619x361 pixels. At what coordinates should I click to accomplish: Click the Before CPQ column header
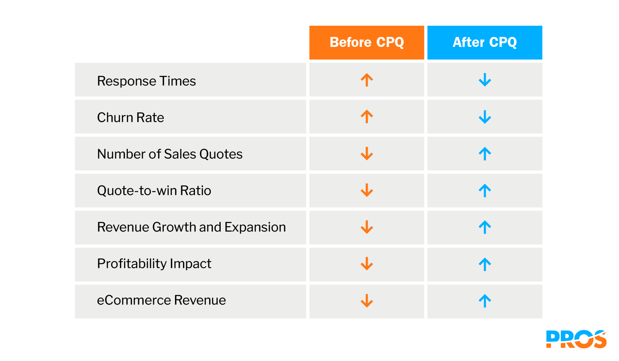(x=367, y=42)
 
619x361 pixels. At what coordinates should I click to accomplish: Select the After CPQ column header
(x=485, y=42)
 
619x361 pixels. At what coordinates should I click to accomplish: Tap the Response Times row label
(x=146, y=81)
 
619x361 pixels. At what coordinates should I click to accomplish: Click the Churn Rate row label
(x=131, y=117)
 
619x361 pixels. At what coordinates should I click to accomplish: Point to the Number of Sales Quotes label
(x=170, y=154)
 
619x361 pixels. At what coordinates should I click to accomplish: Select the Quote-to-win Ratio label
(x=154, y=190)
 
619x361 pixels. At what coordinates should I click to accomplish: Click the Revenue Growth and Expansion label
(x=191, y=227)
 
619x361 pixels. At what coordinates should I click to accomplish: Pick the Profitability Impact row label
(x=154, y=263)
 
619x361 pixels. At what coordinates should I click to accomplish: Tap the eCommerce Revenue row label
(x=161, y=300)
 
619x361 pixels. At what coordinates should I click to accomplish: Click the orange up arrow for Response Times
(x=367, y=80)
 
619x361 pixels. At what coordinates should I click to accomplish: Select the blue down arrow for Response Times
(x=485, y=80)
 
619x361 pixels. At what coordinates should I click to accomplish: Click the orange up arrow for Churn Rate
(x=367, y=117)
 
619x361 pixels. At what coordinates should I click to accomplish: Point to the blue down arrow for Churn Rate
(x=485, y=117)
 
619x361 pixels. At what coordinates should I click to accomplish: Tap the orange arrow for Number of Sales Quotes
(x=367, y=154)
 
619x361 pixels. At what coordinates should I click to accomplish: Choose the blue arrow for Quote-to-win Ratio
(x=485, y=190)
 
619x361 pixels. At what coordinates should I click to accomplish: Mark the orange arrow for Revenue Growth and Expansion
(x=367, y=227)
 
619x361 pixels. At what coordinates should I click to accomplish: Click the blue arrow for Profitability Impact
(x=485, y=264)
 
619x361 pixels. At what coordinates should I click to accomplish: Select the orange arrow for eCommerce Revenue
(x=367, y=300)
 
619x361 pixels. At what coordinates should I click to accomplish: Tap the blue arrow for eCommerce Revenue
(x=485, y=300)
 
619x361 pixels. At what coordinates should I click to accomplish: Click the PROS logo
(x=576, y=339)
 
